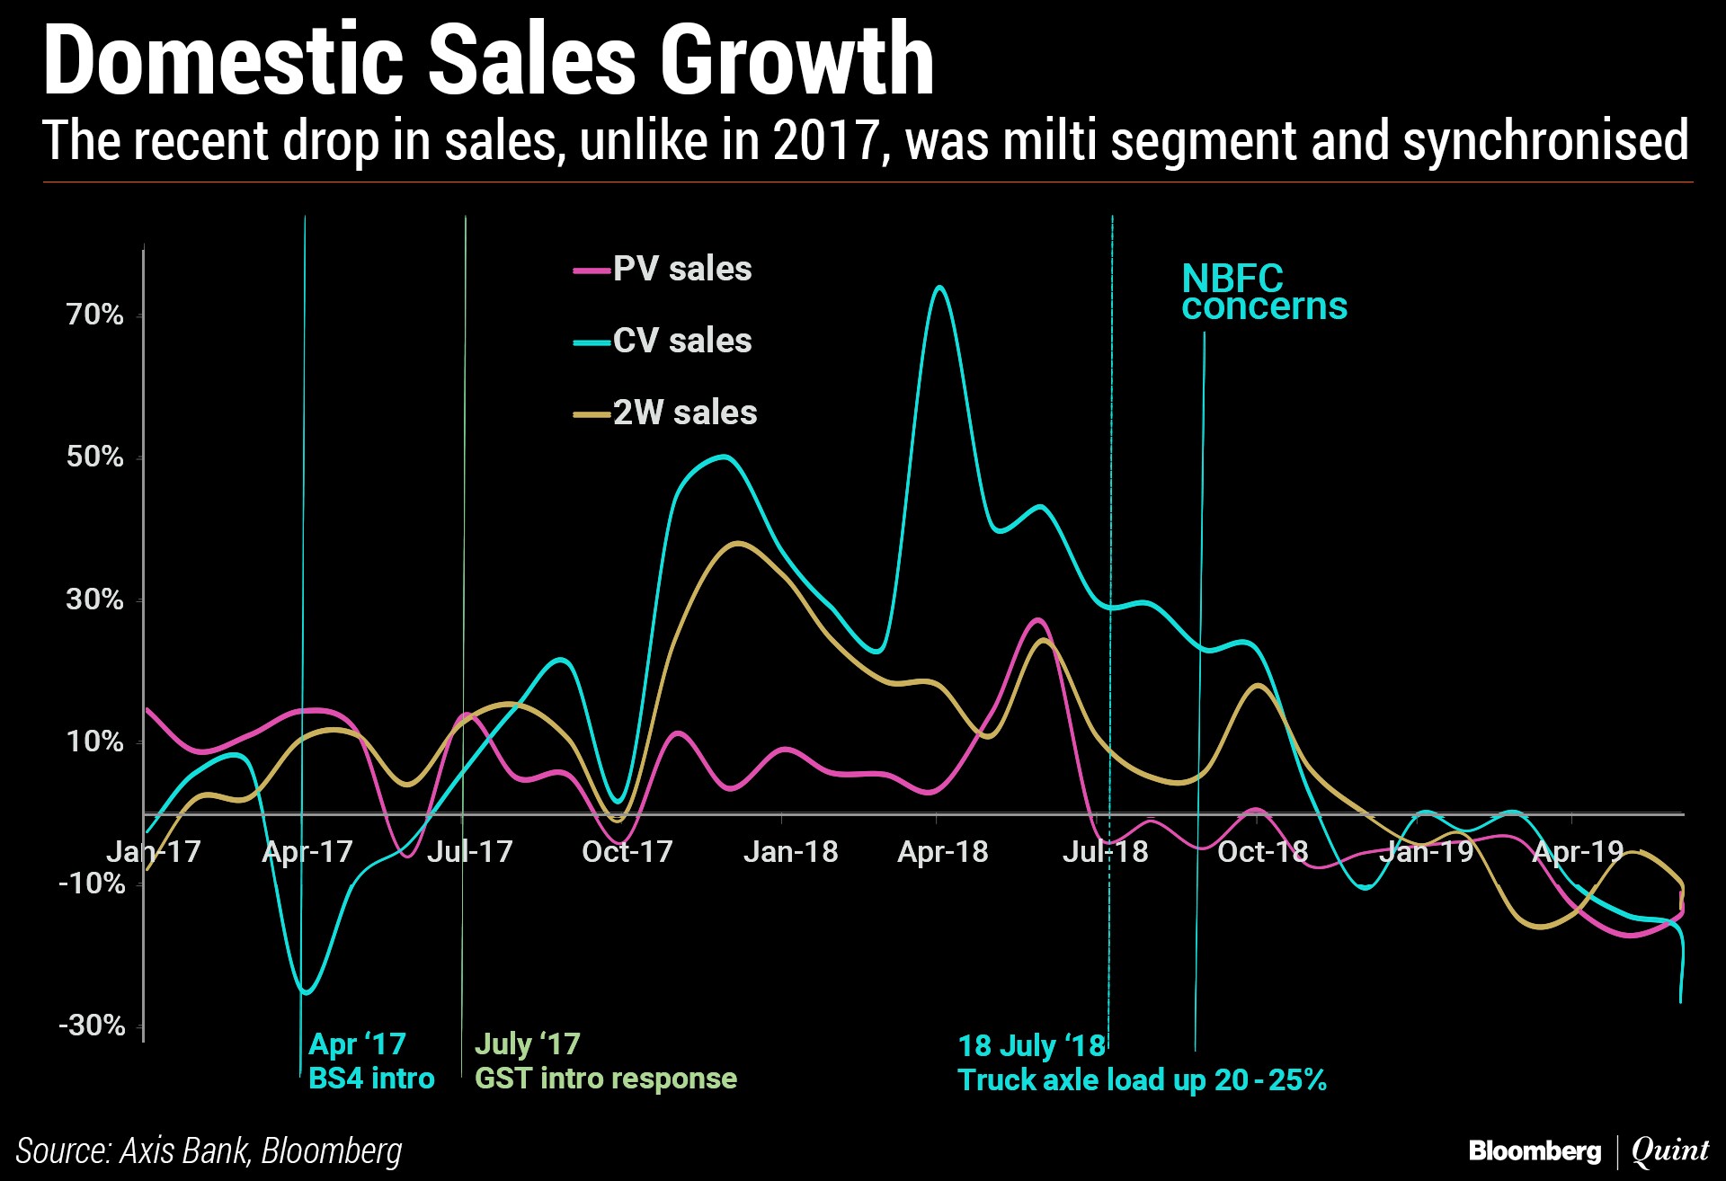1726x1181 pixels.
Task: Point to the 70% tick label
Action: pyautogui.click(x=94, y=315)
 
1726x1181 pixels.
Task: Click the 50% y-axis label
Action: pyautogui.click(x=94, y=457)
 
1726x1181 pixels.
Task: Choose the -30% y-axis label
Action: pyautogui.click(x=92, y=1025)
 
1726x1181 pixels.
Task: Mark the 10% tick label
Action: pyautogui.click(x=94, y=741)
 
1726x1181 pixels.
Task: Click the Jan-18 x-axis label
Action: pyautogui.click(x=790, y=851)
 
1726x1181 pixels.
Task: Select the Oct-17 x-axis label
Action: pyautogui.click(x=627, y=851)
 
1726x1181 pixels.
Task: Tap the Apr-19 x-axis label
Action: pyautogui.click(x=1578, y=851)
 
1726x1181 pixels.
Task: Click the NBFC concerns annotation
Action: pyautogui.click(x=1264, y=292)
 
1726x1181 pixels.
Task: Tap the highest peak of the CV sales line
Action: pyautogui.click(x=939, y=288)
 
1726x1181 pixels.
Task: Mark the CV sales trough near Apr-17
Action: pyautogui.click(x=306, y=992)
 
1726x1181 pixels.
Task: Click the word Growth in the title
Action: pyautogui.click(x=797, y=61)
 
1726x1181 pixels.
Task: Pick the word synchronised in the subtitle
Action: pyautogui.click(x=1545, y=142)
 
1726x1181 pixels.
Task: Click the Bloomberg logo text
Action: pyautogui.click(x=1535, y=1150)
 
